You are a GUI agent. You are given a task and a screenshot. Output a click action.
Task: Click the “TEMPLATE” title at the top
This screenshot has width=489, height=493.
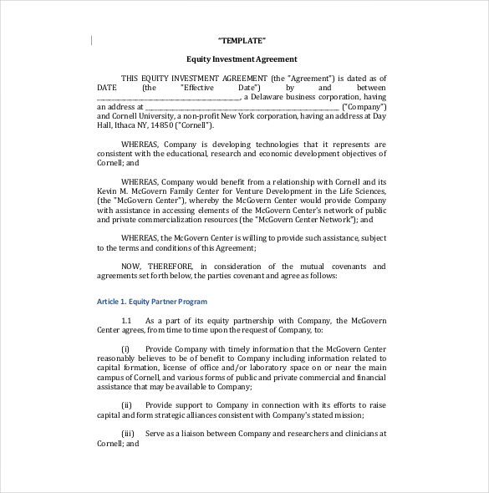tap(242, 41)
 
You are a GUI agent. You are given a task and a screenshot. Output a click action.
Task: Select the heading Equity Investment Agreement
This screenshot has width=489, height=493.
tap(242, 58)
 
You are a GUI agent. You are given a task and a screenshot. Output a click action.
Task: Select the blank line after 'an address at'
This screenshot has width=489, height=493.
tap(242, 109)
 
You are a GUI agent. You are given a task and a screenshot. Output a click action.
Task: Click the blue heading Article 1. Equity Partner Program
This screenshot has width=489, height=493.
tap(152, 301)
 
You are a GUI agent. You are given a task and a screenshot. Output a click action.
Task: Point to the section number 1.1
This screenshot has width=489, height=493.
tap(127, 321)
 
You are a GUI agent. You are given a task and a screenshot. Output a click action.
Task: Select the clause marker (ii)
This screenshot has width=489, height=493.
tap(127, 404)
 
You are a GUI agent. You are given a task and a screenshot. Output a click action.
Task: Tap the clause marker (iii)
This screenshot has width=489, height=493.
tap(128, 434)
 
